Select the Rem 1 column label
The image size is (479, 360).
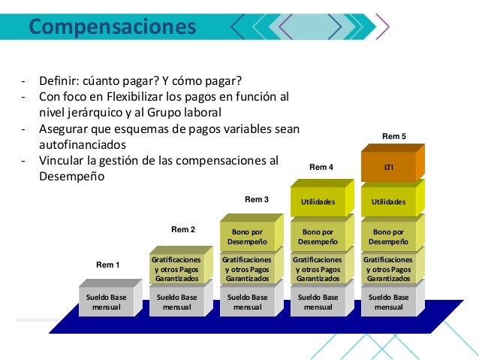click(x=107, y=265)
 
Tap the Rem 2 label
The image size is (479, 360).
click(x=184, y=228)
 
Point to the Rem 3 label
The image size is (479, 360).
click(x=257, y=199)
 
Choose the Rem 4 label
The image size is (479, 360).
click(x=322, y=166)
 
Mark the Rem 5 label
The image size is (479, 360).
click(x=394, y=137)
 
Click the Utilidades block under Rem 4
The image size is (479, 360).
click(x=318, y=202)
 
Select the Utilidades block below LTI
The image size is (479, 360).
click(x=389, y=202)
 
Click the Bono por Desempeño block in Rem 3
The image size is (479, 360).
click(x=248, y=237)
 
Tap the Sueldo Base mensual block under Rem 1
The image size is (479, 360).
click(x=107, y=302)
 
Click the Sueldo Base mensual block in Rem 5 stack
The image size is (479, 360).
click(x=389, y=302)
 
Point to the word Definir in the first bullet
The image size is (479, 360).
click(x=59, y=81)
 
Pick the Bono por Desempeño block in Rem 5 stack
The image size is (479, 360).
click(x=389, y=237)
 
